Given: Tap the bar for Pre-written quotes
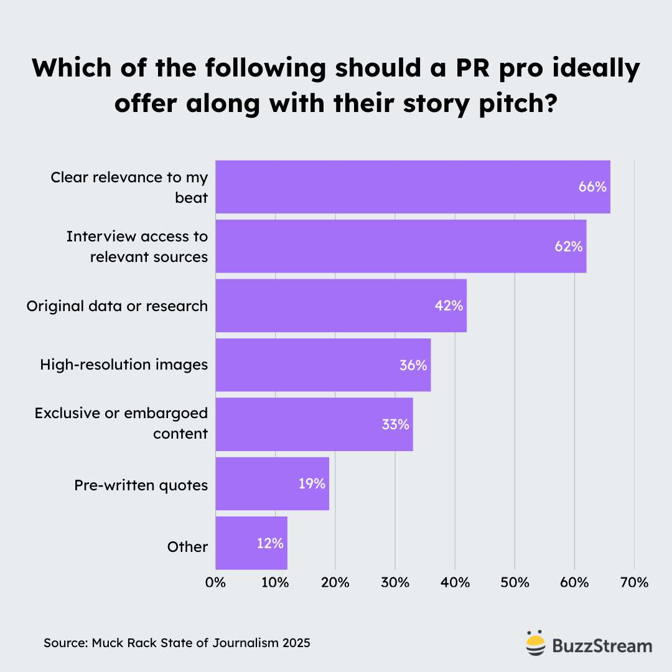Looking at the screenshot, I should tap(272, 483).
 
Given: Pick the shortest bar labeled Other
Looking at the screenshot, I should tap(251, 543).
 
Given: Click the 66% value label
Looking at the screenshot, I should tap(592, 187).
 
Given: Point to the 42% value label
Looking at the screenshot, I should tap(449, 306).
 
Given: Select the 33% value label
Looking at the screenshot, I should tap(395, 424).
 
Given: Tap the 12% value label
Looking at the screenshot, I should tap(270, 543).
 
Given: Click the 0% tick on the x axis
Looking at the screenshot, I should tap(215, 583).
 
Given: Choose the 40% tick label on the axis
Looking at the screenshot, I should tap(455, 583).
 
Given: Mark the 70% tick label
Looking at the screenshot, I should tap(634, 583).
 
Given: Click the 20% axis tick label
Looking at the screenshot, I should tap(335, 583).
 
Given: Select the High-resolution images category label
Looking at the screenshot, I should tap(124, 365).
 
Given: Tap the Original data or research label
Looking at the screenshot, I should tap(117, 306).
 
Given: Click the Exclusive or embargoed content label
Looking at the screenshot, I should tap(121, 423).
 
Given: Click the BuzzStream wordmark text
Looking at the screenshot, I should tap(602, 645).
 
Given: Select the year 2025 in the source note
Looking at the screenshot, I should tap(296, 643).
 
